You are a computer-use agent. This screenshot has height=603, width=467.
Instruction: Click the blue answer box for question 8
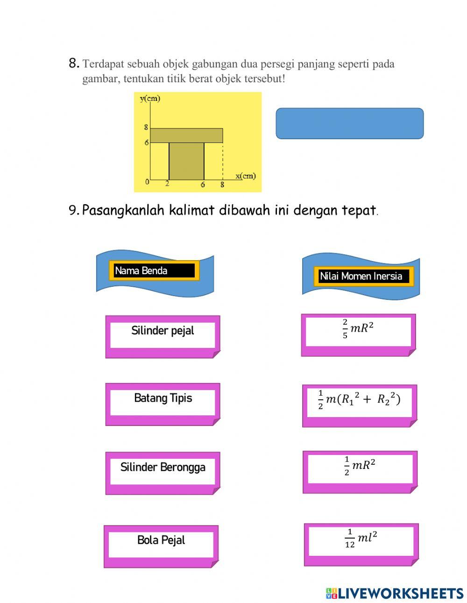click(x=349, y=123)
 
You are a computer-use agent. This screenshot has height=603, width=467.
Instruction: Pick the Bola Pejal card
click(x=161, y=545)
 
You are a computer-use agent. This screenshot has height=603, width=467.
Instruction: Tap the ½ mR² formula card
click(x=360, y=471)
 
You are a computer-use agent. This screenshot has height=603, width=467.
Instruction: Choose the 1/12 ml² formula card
click(x=361, y=543)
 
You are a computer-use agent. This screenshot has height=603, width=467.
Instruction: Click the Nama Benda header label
click(x=154, y=271)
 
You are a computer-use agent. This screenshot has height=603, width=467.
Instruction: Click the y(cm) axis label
click(x=150, y=98)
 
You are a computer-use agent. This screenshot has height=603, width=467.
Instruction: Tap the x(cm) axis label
click(x=246, y=176)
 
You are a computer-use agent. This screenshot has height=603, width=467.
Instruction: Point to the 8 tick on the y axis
click(x=146, y=127)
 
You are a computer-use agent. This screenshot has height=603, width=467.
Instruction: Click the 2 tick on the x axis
click(x=167, y=184)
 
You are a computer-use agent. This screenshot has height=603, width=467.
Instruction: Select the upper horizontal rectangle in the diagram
click(x=186, y=135)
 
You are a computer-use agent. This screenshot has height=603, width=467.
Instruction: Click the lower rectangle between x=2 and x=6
click(x=186, y=161)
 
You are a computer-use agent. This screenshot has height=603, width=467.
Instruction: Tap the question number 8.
click(x=74, y=64)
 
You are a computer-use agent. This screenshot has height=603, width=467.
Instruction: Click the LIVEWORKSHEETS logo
click(x=395, y=593)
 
